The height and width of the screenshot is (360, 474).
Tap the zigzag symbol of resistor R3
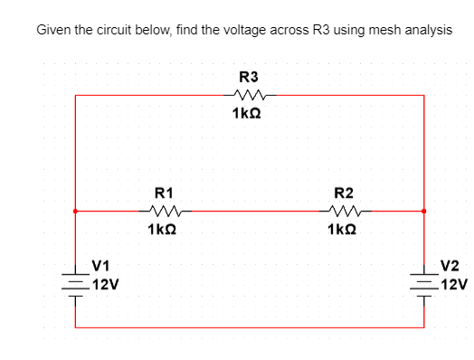(247, 95)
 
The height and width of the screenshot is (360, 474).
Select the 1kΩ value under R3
(247, 113)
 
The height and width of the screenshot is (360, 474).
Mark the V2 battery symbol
(423, 277)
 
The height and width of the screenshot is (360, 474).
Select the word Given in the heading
(53, 30)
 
